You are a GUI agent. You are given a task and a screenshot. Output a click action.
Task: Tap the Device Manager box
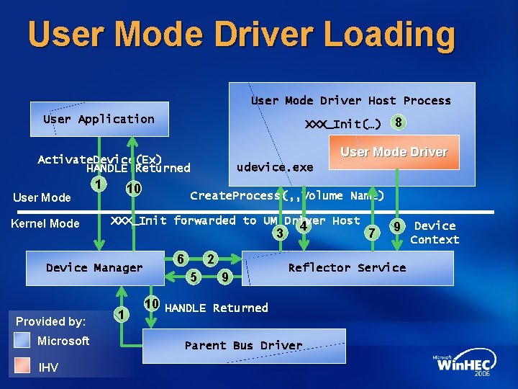[94, 268]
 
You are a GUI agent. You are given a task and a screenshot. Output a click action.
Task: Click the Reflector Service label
[347, 267]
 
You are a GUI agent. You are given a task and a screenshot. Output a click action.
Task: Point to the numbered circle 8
[398, 122]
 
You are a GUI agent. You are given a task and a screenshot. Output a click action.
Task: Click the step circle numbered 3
[278, 233]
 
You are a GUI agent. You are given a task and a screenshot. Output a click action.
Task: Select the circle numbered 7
[371, 231]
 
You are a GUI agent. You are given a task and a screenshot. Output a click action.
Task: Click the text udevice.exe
[275, 167]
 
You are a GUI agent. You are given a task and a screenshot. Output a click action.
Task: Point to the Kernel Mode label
[45, 223]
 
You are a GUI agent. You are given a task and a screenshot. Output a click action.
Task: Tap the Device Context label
[435, 233]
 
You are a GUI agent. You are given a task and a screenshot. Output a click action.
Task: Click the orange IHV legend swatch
[22, 367]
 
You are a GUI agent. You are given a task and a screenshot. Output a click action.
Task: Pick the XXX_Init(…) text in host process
[343, 124]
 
